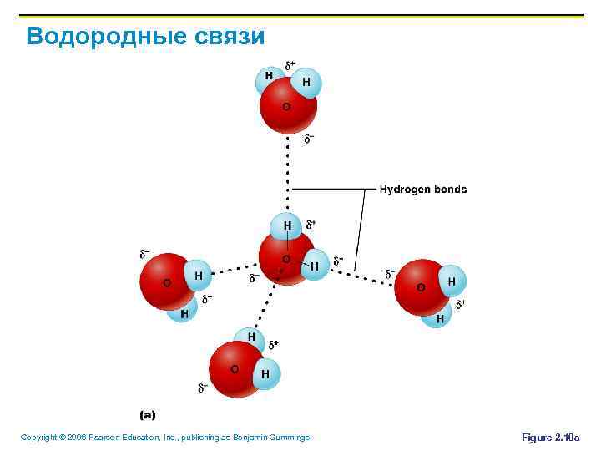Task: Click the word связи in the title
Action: point(220,37)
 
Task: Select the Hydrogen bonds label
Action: point(423,190)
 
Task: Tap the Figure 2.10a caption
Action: point(550,438)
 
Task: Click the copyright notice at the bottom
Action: point(164,438)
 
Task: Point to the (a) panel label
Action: point(147,414)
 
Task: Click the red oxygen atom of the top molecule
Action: point(285,109)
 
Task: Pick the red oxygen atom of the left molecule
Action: point(165,282)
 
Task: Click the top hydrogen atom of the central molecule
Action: point(287,225)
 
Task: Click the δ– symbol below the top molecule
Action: point(308,138)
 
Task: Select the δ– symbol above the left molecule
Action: point(144,252)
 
